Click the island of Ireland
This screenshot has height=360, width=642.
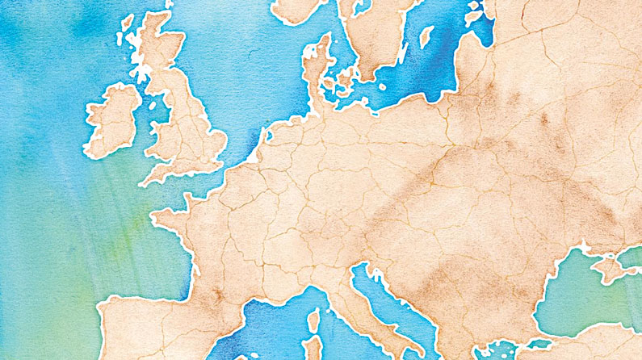(113, 121)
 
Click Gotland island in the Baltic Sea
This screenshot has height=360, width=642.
(426, 36)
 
